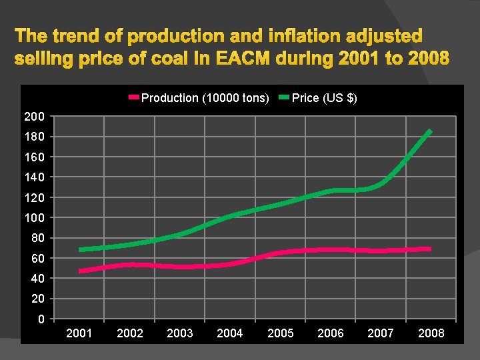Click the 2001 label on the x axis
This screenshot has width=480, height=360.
coord(79,333)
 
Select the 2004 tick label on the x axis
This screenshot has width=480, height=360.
coord(230,333)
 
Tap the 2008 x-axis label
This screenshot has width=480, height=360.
coord(431,333)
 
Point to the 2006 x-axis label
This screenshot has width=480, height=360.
coord(331,333)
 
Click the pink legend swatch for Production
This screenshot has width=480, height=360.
coord(133,98)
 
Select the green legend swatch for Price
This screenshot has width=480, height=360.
coord(283,98)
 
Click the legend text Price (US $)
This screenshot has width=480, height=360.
coord(325,98)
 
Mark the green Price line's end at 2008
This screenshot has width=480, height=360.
coord(431,131)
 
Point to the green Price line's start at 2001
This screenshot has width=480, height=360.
coord(80,250)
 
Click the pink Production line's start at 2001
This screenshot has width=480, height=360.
coord(80,271)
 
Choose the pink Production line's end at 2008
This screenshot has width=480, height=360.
coord(430,249)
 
